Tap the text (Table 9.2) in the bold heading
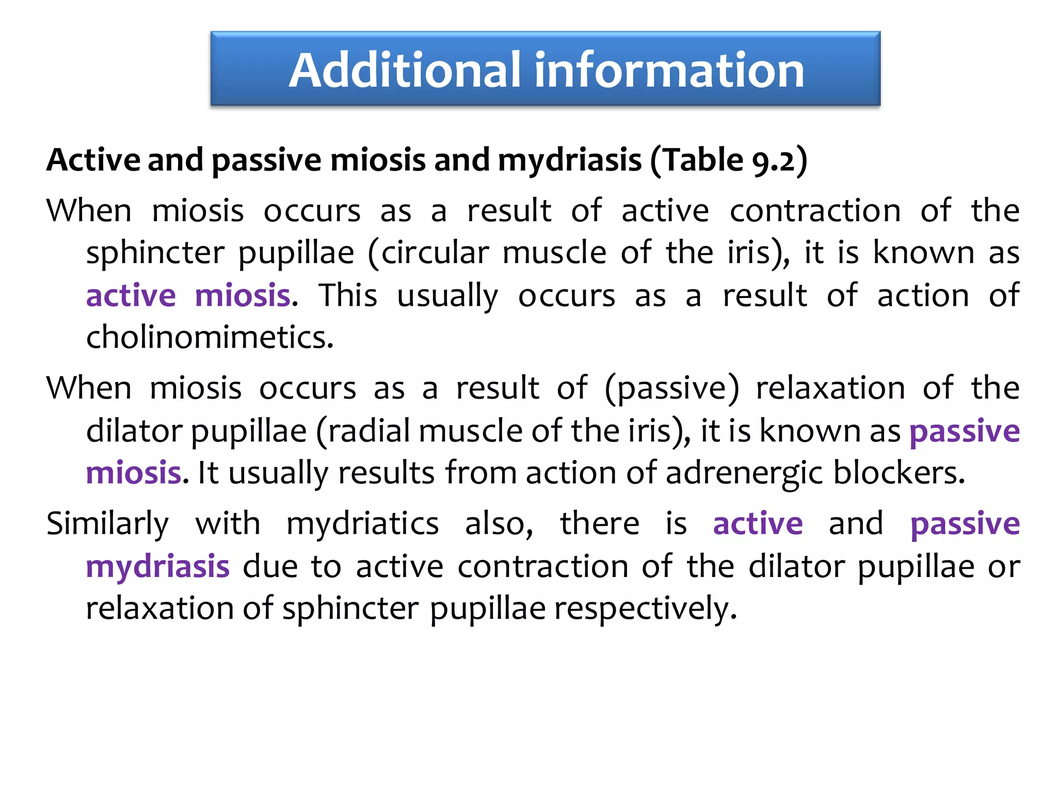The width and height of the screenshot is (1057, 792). coord(728,160)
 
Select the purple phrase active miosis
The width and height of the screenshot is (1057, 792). coord(188,295)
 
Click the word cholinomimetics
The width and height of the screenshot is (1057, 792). coord(210,338)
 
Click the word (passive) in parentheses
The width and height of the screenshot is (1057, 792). coord(671,388)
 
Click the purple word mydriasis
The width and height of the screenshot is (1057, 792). coord(157,566)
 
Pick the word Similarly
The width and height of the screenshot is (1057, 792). coord(107,524)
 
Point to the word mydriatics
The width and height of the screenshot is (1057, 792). coord(362,524)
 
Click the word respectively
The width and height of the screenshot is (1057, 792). coord(645,608)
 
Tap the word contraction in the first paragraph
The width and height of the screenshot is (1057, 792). coord(815,211)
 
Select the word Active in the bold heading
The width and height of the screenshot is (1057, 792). coord(93,160)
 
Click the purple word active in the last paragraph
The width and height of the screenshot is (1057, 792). coord(758,524)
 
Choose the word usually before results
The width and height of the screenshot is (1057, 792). coord(279,473)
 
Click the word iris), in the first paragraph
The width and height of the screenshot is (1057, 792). coord(758,253)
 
